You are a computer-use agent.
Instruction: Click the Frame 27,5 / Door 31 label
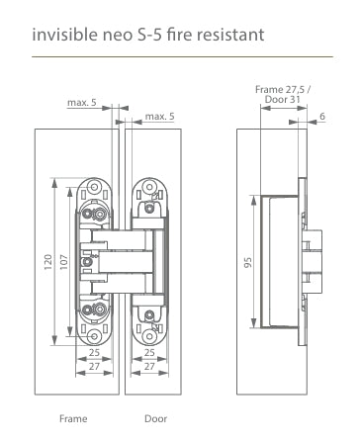coord(283,94)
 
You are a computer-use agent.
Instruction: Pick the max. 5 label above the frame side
coord(81,102)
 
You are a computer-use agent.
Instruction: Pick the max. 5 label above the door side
coord(159,118)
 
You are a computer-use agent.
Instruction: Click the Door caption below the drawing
coord(155,420)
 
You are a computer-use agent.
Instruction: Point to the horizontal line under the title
coord(179,56)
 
